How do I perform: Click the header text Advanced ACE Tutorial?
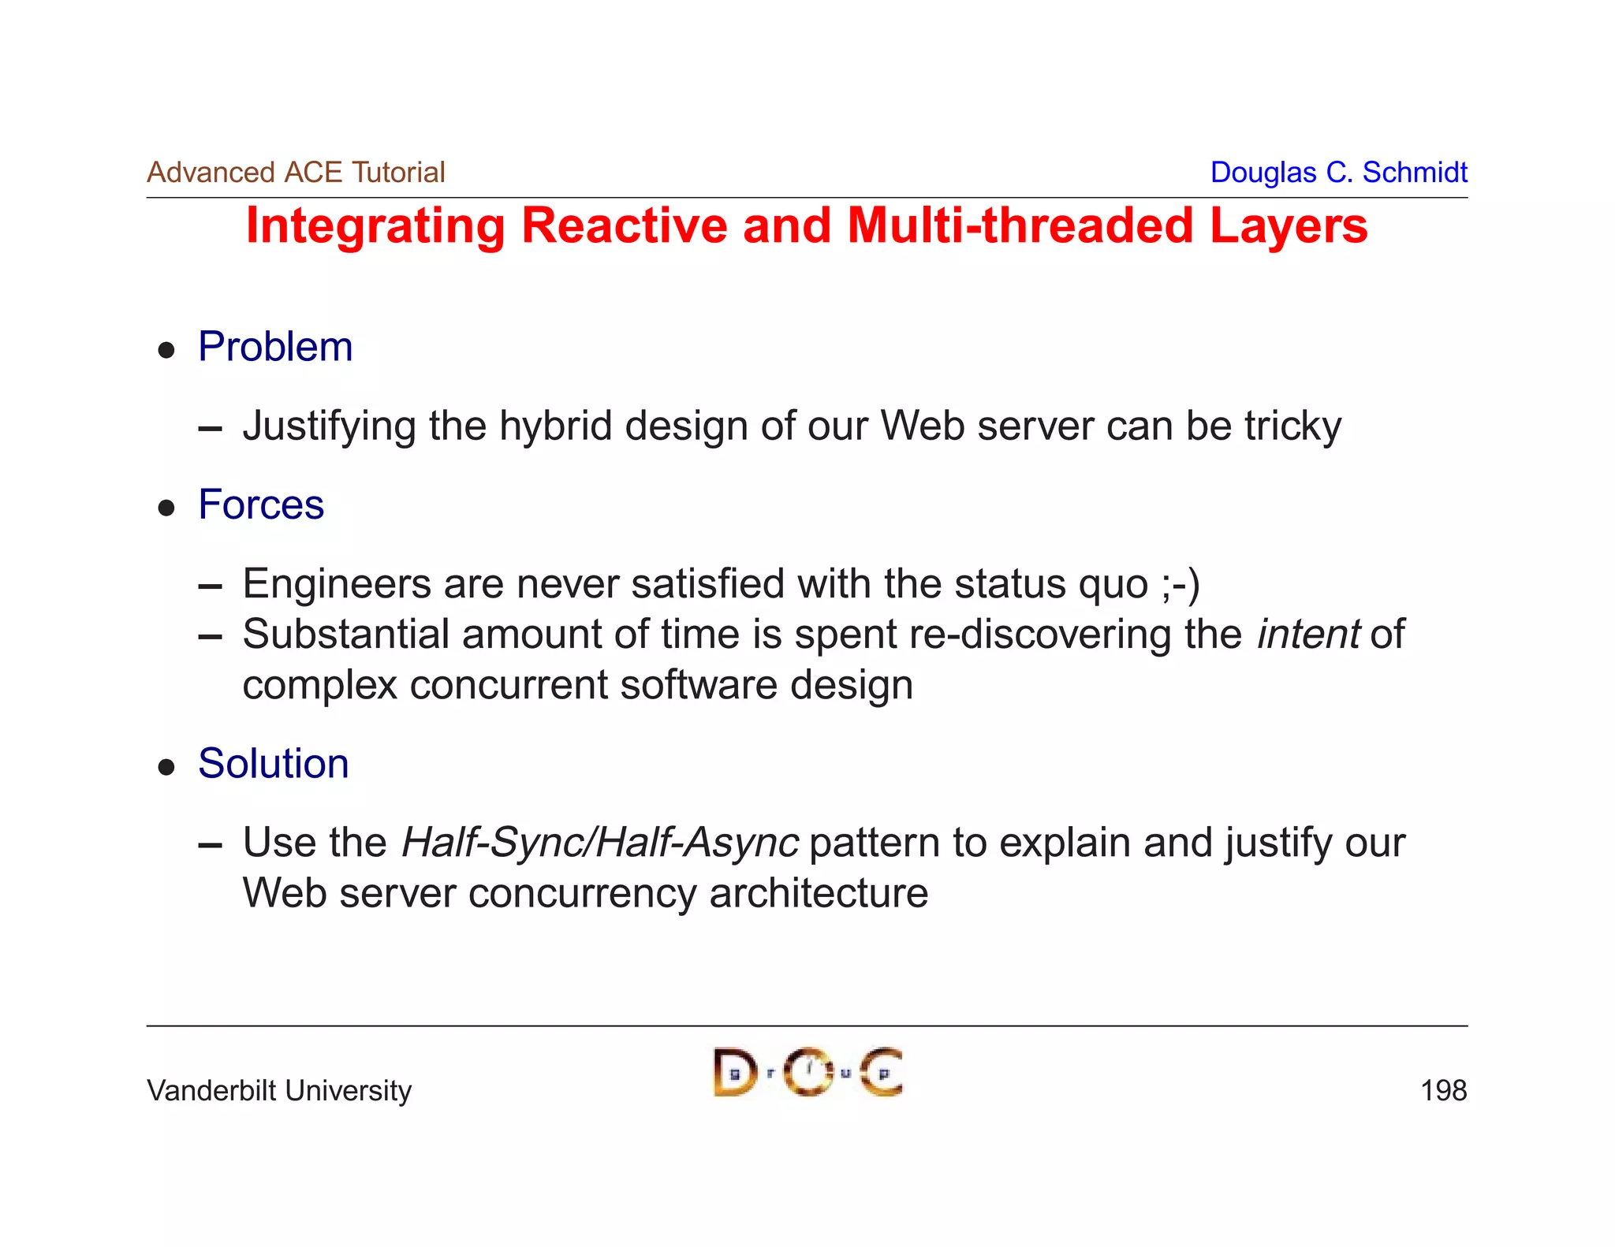tap(296, 172)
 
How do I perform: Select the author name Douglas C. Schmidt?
tap(1338, 172)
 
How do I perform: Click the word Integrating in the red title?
tap(375, 226)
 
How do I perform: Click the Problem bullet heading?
tap(275, 347)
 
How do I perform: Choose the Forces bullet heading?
tap(261, 504)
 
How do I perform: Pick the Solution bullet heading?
tap(273, 763)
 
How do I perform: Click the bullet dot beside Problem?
tap(166, 350)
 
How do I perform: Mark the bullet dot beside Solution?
tap(166, 766)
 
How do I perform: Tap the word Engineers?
tap(336, 584)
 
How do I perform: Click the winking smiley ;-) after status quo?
tap(1180, 584)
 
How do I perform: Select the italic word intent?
tap(1307, 634)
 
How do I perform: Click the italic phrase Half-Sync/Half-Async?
tap(599, 843)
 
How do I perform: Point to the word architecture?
tap(818, 894)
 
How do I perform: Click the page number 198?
tap(1443, 1091)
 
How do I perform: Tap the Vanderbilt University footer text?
tap(279, 1091)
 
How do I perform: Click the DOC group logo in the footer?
tap(807, 1072)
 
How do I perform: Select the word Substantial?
tap(345, 634)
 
